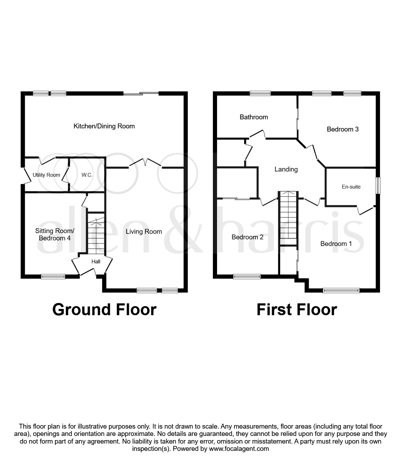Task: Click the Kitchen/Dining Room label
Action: [104, 126]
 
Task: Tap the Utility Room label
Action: [46, 175]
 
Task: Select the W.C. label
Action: [87, 175]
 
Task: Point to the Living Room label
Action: [144, 231]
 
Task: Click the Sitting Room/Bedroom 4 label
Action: [55, 234]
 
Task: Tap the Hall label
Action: [96, 261]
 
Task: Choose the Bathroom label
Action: [254, 117]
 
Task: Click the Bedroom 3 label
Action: [342, 129]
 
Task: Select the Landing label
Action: [286, 169]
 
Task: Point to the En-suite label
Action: [351, 187]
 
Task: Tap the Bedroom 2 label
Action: [247, 237]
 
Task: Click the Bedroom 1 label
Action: [336, 244]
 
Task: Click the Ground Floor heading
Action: [104, 309]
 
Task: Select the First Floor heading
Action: [296, 309]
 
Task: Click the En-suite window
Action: [377, 186]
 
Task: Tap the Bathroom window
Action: [260, 93]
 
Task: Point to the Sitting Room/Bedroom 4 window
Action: [53, 277]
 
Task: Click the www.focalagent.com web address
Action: [239, 448]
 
